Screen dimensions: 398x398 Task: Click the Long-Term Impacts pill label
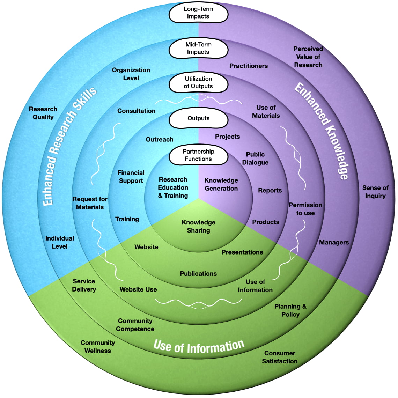tap(198, 13)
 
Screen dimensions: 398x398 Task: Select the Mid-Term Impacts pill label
tap(198, 49)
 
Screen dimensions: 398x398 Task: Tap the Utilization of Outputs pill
tap(198, 83)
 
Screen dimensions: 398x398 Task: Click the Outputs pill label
tap(198, 118)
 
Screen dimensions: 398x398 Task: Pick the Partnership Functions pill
tap(198, 155)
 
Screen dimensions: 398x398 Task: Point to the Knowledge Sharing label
tap(198, 226)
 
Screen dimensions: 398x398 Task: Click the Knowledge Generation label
tap(221, 184)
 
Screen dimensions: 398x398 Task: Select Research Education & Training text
tap(173, 187)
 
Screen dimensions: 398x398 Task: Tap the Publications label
tap(198, 274)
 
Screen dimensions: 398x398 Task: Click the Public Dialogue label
tap(255, 159)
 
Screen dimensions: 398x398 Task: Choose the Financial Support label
tap(131, 177)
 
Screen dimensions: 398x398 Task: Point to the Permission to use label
tap(305, 209)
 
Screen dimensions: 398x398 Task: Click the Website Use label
tap(138, 289)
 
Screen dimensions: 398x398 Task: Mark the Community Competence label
tap(135, 325)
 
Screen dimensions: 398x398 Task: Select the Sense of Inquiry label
tap(375, 192)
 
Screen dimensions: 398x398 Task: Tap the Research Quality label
tap(43, 113)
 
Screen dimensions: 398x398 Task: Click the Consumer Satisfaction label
tap(280, 357)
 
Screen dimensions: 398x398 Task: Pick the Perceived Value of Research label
tap(308, 57)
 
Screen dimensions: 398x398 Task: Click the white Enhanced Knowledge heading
tap(322, 131)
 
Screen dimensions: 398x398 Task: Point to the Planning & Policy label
tap(290, 310)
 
